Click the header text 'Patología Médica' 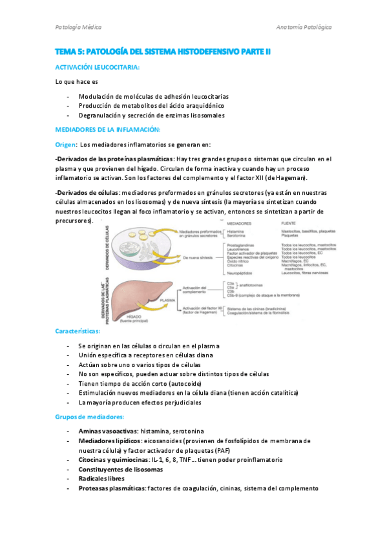[x=78, y=27]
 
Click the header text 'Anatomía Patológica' [x=303, y=27]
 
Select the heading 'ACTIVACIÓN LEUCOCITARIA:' [x=98, y=67]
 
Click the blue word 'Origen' [x=65, y=144]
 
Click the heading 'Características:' [x=78, y=331]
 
